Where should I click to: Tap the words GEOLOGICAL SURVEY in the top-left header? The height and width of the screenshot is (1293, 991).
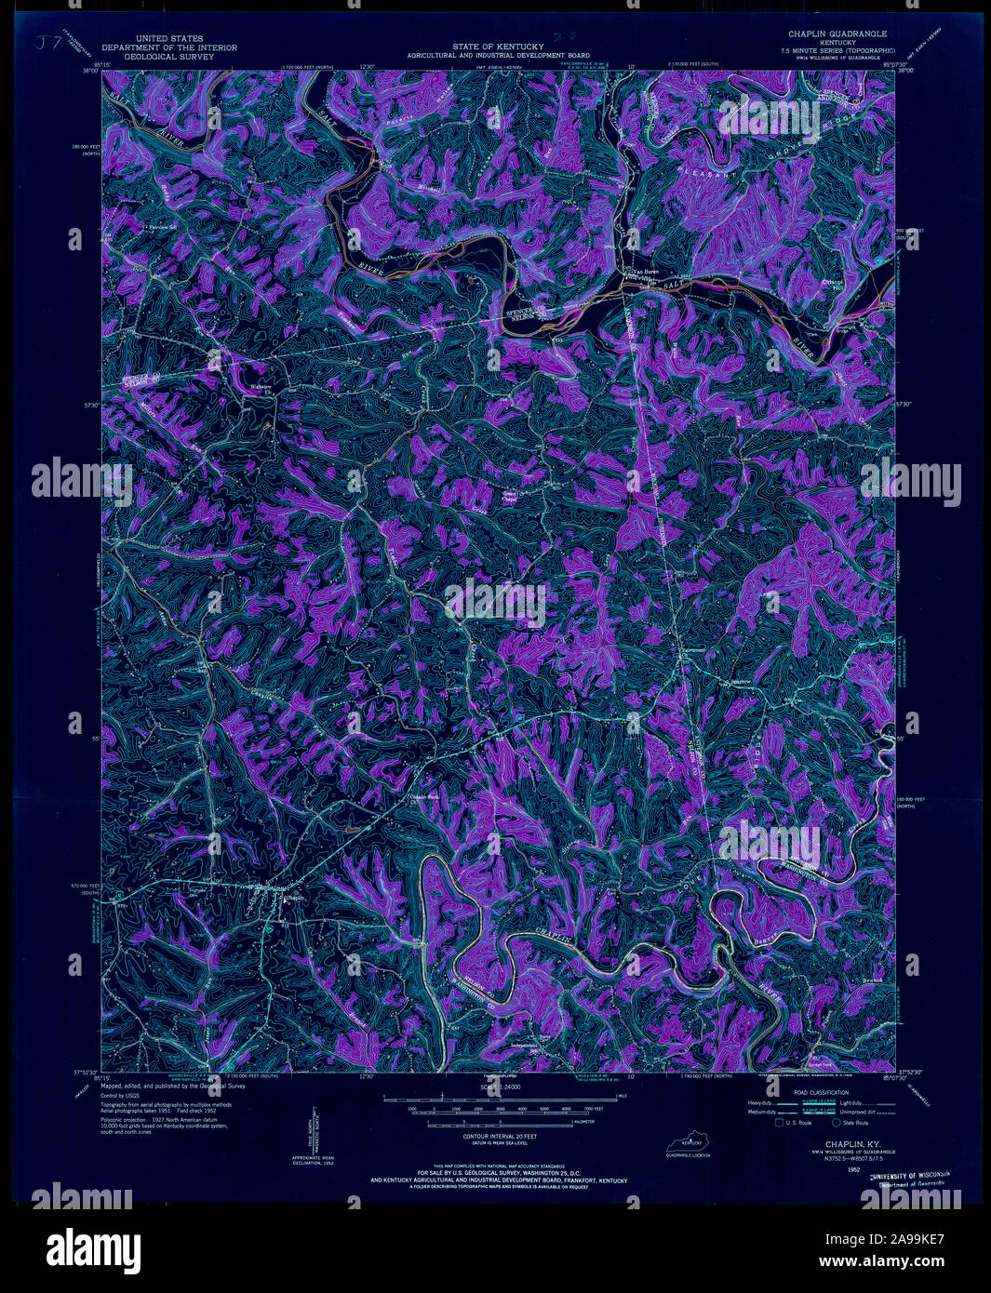(x=169, y=56)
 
